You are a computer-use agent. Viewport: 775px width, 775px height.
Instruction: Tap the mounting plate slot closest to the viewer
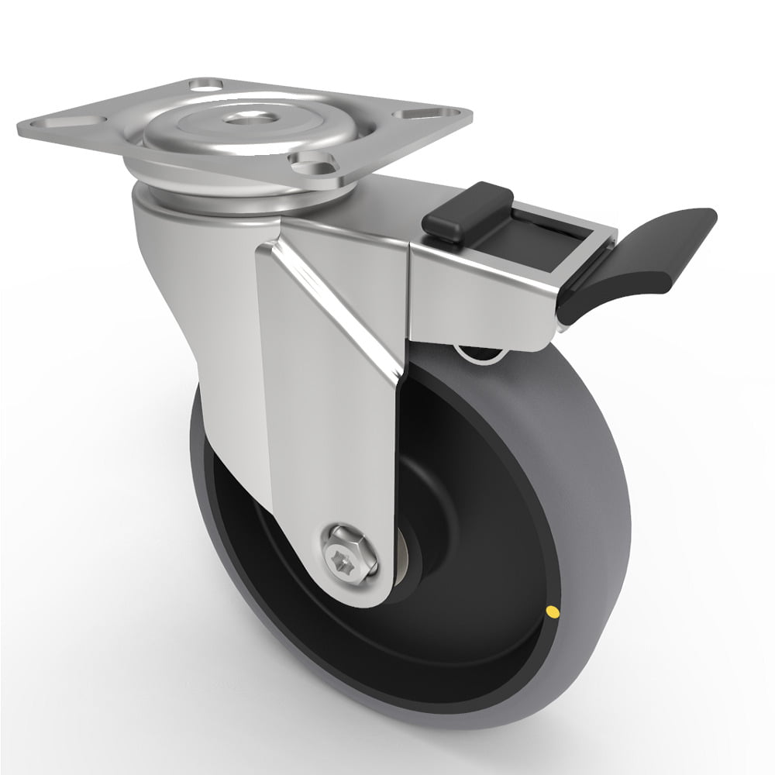pyautogui.click(x=311, y=162)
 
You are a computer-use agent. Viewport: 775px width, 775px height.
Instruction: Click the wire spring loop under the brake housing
pyautogui.click(x=480, y=354)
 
